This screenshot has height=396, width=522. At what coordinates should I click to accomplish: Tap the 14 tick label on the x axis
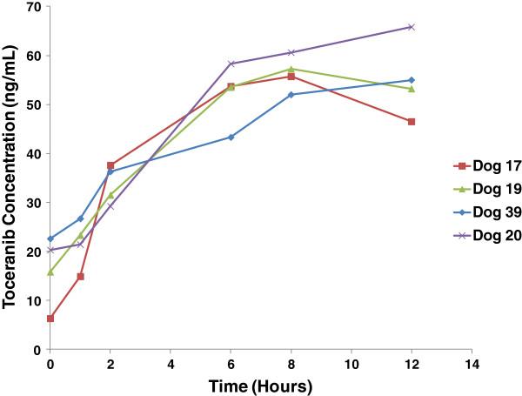coord(472,362)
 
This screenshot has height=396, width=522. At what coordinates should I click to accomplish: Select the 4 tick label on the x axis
coord(171,362)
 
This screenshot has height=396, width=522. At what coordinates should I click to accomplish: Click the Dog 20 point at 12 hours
coord(411,27)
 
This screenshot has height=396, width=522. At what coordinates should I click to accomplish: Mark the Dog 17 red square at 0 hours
coord(50,319)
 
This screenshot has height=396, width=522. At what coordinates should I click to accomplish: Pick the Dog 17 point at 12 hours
coord(411,122)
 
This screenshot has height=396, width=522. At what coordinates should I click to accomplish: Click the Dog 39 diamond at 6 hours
coord(231,137)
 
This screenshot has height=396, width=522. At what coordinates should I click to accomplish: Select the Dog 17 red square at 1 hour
coord(80,277)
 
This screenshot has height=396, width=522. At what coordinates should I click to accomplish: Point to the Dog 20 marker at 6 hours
coord(231,64)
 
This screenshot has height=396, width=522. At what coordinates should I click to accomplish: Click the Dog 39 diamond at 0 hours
coord(50,238)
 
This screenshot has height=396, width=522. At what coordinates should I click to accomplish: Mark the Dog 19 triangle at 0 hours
coord(50,272)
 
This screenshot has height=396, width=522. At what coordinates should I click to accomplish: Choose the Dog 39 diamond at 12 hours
coord(411,80)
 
